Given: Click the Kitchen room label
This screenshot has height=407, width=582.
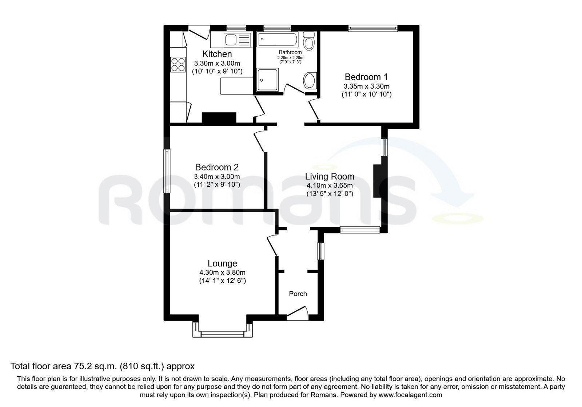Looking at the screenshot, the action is click(x=217, y=54).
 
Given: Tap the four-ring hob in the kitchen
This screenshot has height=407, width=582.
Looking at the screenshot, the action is click(x=178, y=64).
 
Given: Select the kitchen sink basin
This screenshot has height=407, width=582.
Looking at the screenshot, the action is click(x=230, y=40).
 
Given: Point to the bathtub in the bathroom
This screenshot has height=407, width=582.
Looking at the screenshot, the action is click(x=277, y=40).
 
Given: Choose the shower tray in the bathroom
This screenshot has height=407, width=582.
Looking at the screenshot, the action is click(x=267, y=80).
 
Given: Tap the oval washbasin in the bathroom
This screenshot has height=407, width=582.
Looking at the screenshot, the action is click(x=310, y=80).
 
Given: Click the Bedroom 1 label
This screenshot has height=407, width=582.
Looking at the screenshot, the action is click(x=366, y=77).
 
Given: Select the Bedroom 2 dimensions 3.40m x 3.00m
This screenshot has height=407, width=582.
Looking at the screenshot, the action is click(x=217, y=177).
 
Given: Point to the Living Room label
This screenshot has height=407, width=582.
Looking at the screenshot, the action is click(x=330, y=177).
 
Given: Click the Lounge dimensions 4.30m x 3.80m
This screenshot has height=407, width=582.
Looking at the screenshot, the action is click(x=222, y=273).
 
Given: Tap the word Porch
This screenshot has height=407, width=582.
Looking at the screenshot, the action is click(x=298, y=294).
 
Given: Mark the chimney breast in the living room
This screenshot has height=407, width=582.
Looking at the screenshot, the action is click(x=377, y=181).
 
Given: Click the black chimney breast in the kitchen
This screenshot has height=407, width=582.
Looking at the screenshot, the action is click(x=219, y=118).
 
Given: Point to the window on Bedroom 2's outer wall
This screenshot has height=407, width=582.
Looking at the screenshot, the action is click(x=167, y=171).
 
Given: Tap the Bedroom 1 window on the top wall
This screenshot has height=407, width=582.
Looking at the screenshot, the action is click(x=373, y=28).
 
